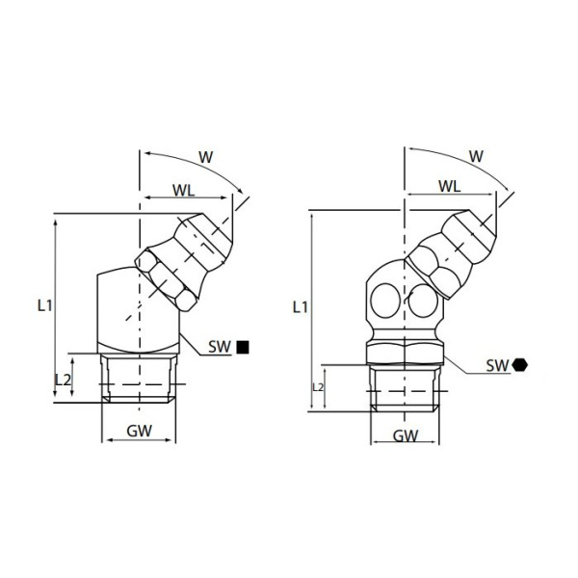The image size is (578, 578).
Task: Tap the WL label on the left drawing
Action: (184, 190)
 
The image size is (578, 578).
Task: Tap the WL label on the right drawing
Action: (449, 184)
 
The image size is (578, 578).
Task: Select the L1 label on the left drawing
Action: (44, 305)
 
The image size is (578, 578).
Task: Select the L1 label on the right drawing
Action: (300, 307)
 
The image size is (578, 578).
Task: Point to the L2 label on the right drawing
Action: (319, 386)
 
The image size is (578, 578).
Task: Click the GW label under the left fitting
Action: (139, 432)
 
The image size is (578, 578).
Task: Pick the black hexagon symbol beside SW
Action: (520, 365)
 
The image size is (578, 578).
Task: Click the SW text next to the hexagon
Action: (497, 365)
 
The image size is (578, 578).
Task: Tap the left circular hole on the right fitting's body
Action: (387, 300)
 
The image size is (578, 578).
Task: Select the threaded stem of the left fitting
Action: (139, 379)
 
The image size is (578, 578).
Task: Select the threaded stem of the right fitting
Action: (407, 387)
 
